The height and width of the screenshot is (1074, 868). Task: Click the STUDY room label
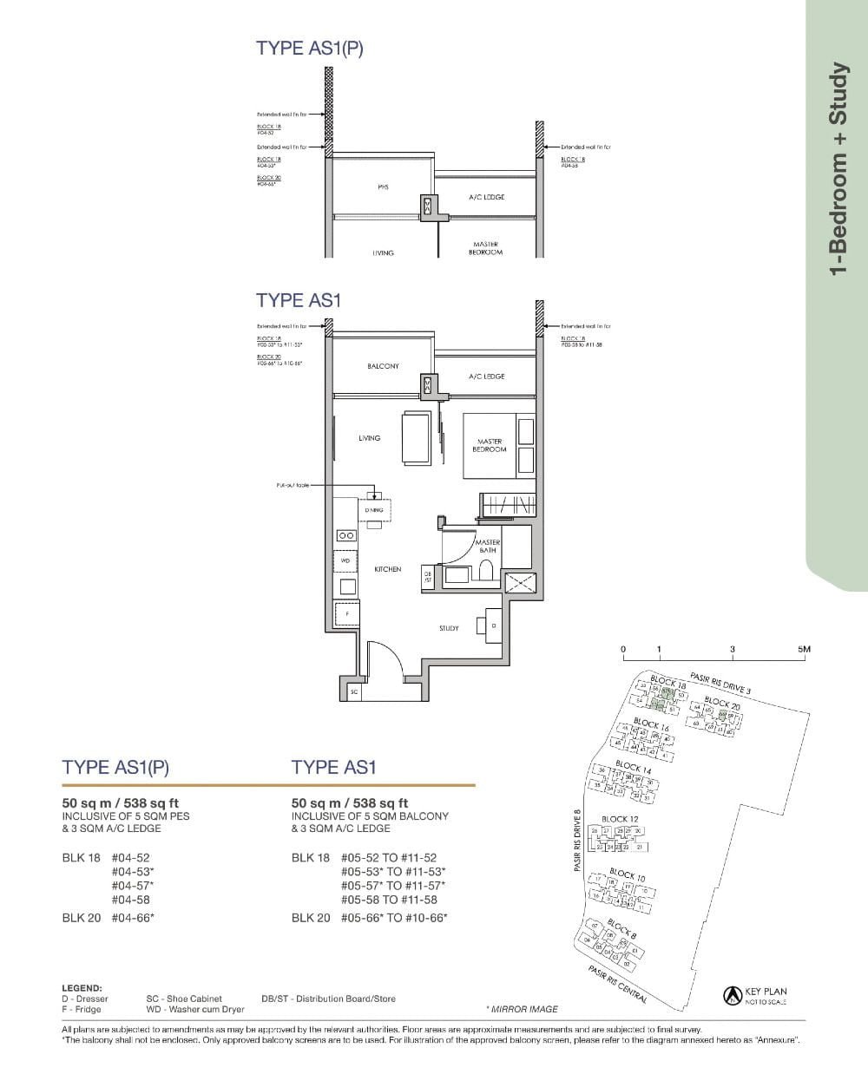[x=449, y=628]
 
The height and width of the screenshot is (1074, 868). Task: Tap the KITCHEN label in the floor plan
[x=387, y=569]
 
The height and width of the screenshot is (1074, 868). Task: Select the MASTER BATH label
[x=487, y=545]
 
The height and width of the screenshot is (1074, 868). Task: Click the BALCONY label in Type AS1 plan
[x=383, y=366]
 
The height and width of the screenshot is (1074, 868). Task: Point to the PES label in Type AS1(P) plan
[x=383, y=187]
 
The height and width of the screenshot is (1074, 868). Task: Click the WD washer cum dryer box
[x=346, y=560]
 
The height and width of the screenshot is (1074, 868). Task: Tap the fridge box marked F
[x=347, y=612]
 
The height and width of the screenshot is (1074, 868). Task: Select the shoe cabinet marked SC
[x=353, y=691]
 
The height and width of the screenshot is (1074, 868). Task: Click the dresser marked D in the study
[x=492, y=625]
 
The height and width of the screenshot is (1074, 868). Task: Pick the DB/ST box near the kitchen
[x=428, y=576]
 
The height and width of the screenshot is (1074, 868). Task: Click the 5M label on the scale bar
[x=804, y=649]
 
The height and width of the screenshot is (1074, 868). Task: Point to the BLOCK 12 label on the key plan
[x=620, y=819]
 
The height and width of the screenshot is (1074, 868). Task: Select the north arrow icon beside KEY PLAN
[x=731, y=996]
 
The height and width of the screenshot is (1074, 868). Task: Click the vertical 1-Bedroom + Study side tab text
[x=837, y=168]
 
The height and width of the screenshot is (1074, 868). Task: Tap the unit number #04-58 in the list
[x=131, y=900]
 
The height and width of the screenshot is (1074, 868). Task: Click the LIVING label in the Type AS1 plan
[x=369, y=438]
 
